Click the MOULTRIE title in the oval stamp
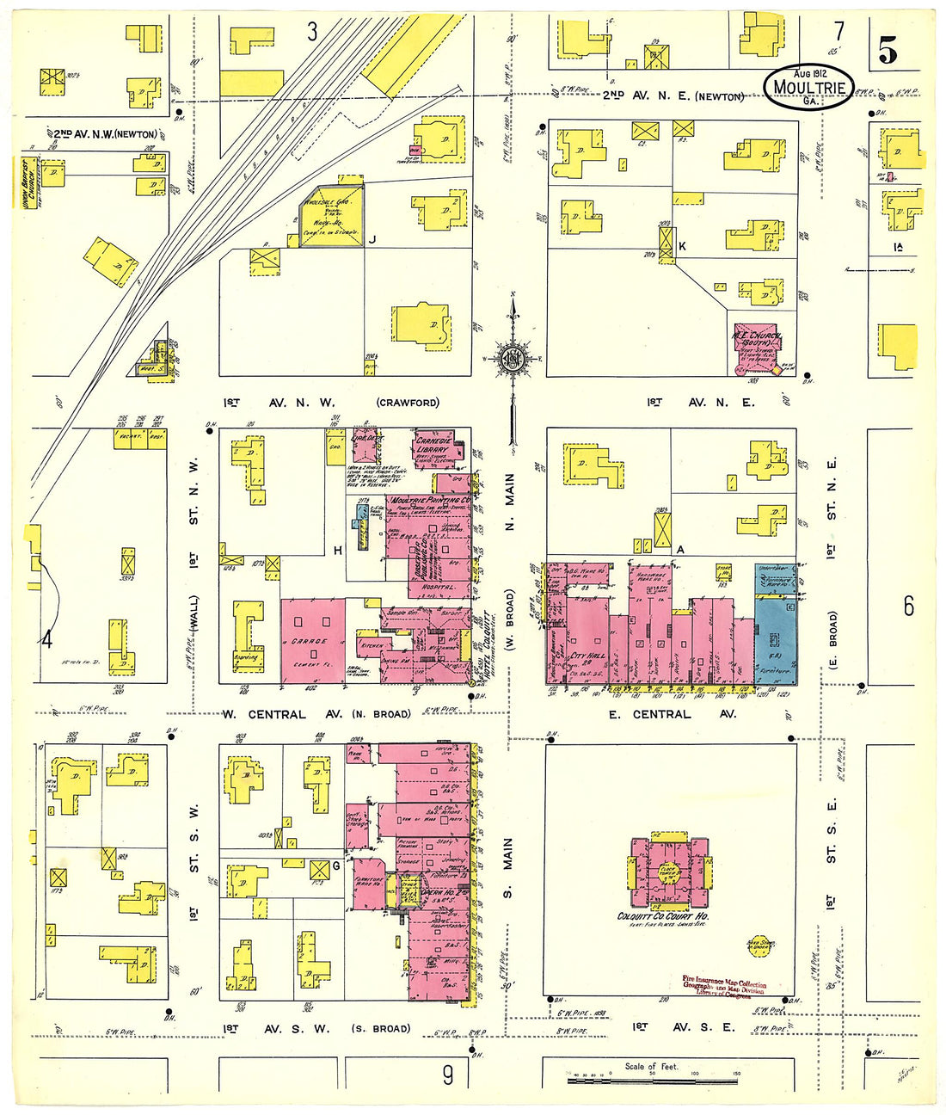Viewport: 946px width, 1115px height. pos(808,87)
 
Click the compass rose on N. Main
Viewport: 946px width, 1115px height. pos(513,360)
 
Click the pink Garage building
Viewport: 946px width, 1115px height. pos(312,641)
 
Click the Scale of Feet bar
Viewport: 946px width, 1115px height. pos(653,1076)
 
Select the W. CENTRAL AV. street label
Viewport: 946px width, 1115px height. pos(264,714)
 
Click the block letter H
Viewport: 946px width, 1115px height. pos(339,551)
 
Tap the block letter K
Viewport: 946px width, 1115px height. pos(682,246)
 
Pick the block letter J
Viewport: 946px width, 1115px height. pos(372,241)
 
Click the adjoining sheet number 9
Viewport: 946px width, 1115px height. pos(447,1075)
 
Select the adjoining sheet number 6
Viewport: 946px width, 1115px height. pos(908,607)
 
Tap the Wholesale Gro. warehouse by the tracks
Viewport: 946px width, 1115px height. pos(329,214)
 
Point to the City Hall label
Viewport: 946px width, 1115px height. pos(588,656)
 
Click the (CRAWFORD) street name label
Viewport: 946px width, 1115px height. pos(407,403)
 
